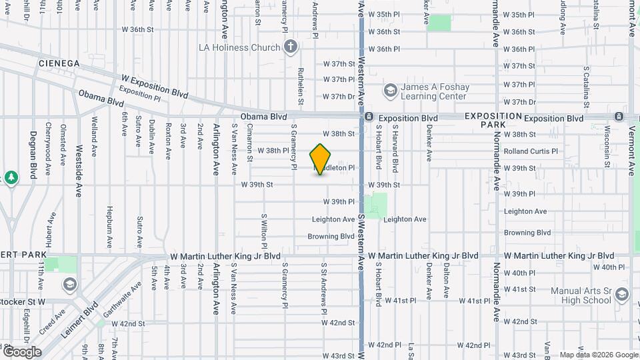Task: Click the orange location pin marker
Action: point(321,159)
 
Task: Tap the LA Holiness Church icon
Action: point(290,47)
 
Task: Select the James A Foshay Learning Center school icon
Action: point(390,90)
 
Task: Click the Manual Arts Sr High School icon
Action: point(622,295)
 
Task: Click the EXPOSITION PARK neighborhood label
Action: point(493,120)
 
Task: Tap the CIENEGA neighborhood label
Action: point(59,63)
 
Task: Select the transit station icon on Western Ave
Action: point(369,117)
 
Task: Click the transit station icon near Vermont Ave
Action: point(618,117)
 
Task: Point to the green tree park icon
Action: point(11,177)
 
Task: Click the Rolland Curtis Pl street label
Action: point(531,151)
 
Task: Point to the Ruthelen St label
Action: point(301,90)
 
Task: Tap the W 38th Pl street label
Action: point(273,151)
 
